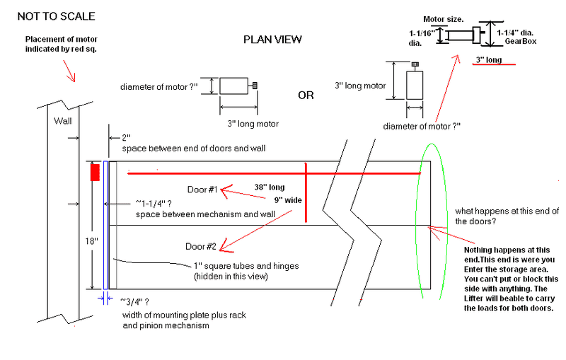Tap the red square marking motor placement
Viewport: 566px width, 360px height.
[94, 172]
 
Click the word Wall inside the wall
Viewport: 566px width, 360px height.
[63, 121]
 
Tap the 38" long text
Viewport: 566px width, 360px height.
[270, 187]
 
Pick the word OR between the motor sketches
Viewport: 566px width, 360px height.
[306, 95]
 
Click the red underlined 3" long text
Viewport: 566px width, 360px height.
[489, 60]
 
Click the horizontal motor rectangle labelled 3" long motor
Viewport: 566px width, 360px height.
[233, 86]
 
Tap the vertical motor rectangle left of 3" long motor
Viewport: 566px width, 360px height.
[415, 85]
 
